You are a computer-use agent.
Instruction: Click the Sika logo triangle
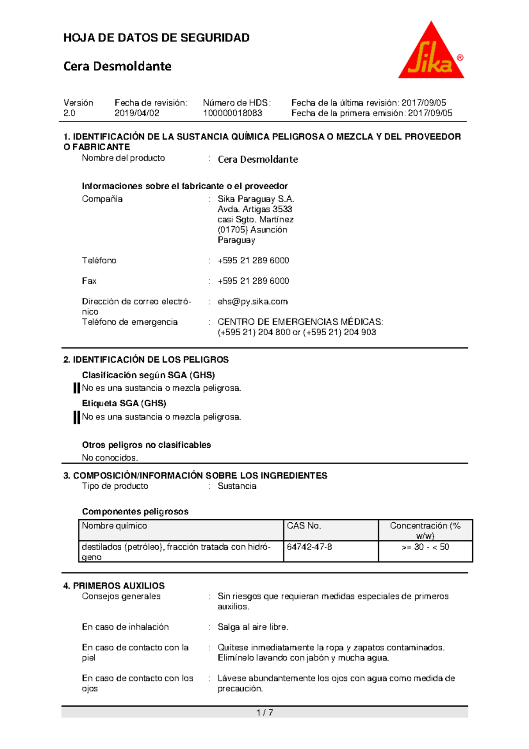click(x=431, y=55)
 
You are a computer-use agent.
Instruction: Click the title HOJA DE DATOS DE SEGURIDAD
click(x=156, y=37)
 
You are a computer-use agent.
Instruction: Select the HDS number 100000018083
click(x=232, y=113)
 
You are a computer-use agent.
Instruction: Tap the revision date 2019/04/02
click(x=137, y=113)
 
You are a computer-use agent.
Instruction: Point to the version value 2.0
click(x=69, y=113)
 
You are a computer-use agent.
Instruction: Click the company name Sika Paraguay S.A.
click(x=256, y=199)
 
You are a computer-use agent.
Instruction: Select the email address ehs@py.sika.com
click(x=253, y=302)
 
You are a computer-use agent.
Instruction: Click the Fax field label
click(x=89, y=281)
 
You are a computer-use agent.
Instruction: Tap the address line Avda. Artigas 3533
click(x=255, y=209)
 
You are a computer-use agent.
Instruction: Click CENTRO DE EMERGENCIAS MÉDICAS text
click(x=300, y=322)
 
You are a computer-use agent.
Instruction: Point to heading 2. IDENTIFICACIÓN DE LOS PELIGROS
click(x=146, y=360)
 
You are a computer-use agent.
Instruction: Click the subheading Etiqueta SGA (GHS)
click(x=124, y=403)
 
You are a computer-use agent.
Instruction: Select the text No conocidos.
click(x=110, y=458)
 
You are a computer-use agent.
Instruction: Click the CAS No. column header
click(x=304, y=526)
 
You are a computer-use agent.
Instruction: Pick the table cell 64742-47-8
click(x=309, y=547)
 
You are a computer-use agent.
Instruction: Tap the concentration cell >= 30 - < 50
click(x=425, y=547)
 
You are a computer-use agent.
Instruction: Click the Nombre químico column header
click(x=114, y=526)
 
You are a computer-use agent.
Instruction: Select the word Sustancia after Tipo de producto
click(x=237, y=486)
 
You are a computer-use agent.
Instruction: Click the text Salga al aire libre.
click(x=253, y=627)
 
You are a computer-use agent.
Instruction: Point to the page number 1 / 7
click(x=264, y=712)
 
